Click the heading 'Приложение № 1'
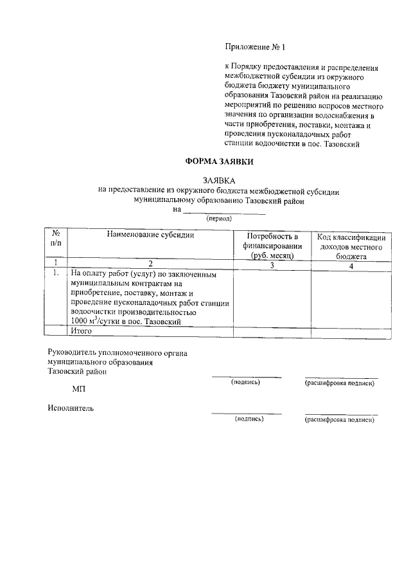(254, 47)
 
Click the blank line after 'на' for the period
(224, 210)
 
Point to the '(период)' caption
(220, 219)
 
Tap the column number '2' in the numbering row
(151, 264)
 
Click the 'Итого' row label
(82, 331)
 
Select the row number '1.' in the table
(57, 273)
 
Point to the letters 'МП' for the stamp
(79, 390)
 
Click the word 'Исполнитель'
(71, 407)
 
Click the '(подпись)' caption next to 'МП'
(246, 382)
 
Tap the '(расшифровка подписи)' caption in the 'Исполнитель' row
(340, 419)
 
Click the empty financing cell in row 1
(272, 296)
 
